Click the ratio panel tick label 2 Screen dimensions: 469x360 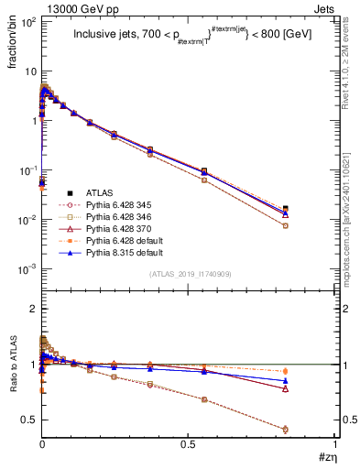click(31, 309)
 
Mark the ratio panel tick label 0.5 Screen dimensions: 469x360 click(27, 420)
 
